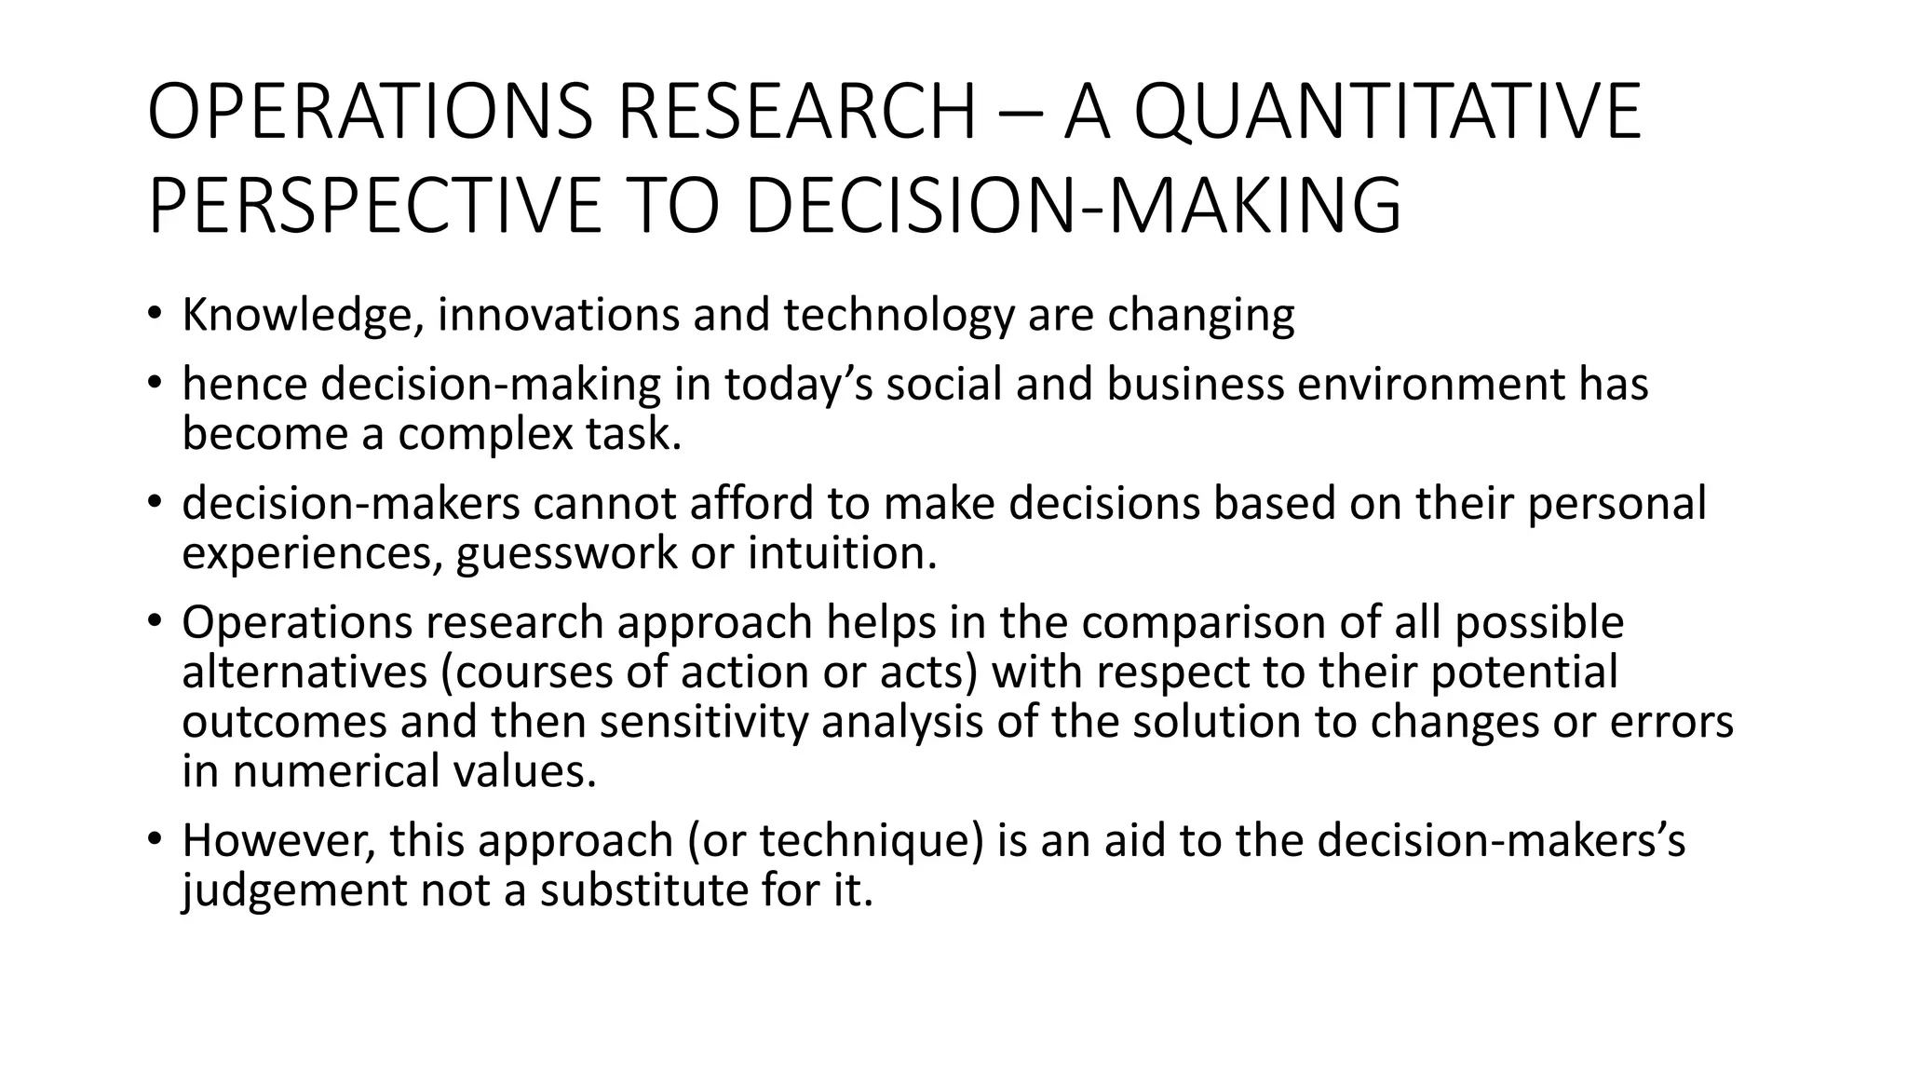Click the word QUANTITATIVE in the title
click(x=1387, y=112)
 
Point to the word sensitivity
click(x=704, y=722)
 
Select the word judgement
click(x=294, y=890)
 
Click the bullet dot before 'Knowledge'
click(x=155, y=314)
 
